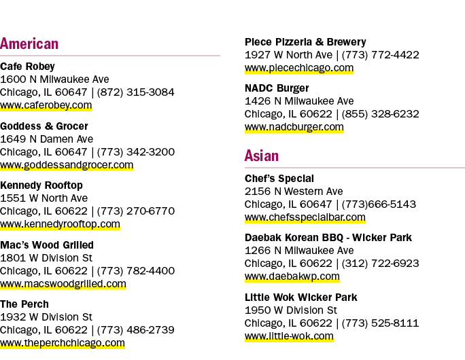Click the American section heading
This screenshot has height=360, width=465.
[x=29, y=44]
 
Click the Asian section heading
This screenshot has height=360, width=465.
[x=262, y=156]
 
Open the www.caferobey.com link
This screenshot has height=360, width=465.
[x=46, y=105]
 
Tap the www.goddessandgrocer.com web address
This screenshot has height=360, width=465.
[x=67, y=165]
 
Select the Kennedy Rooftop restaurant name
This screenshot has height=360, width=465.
[x=41, y=185]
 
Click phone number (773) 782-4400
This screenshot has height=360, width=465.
[x=136, y=271]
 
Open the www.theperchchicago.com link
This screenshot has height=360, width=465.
[x=63, y=343]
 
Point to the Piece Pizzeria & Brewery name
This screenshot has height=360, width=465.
[x=305, y=42]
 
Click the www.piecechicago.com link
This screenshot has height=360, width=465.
[x=299, y=68]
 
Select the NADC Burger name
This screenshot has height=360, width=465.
[x=277, y=88]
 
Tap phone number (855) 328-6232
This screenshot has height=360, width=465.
[x=381, y=114]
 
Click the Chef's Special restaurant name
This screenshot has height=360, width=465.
[x=279, y=179]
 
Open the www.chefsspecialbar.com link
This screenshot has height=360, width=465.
[x=305, y=217]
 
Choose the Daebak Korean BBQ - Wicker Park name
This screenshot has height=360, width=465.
[x=328, y=238]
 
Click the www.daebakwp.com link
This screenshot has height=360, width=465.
[x=292, y=276]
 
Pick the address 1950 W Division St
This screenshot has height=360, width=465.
[x=291, y=310]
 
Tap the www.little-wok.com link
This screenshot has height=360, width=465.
[x=289, y=336]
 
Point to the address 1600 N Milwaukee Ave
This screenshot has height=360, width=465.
[x=54, y=79]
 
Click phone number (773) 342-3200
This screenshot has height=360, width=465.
[x=136, y=152]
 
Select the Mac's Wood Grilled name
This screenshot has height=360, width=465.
[x=47, y=245]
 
